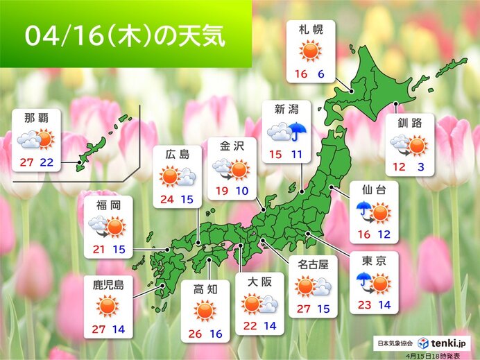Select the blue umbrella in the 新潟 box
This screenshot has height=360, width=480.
pos(299,132)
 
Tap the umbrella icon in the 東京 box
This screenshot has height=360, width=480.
pos(361,280)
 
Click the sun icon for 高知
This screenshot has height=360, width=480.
pos(205,310)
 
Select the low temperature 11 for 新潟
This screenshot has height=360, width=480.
pos(296,153)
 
